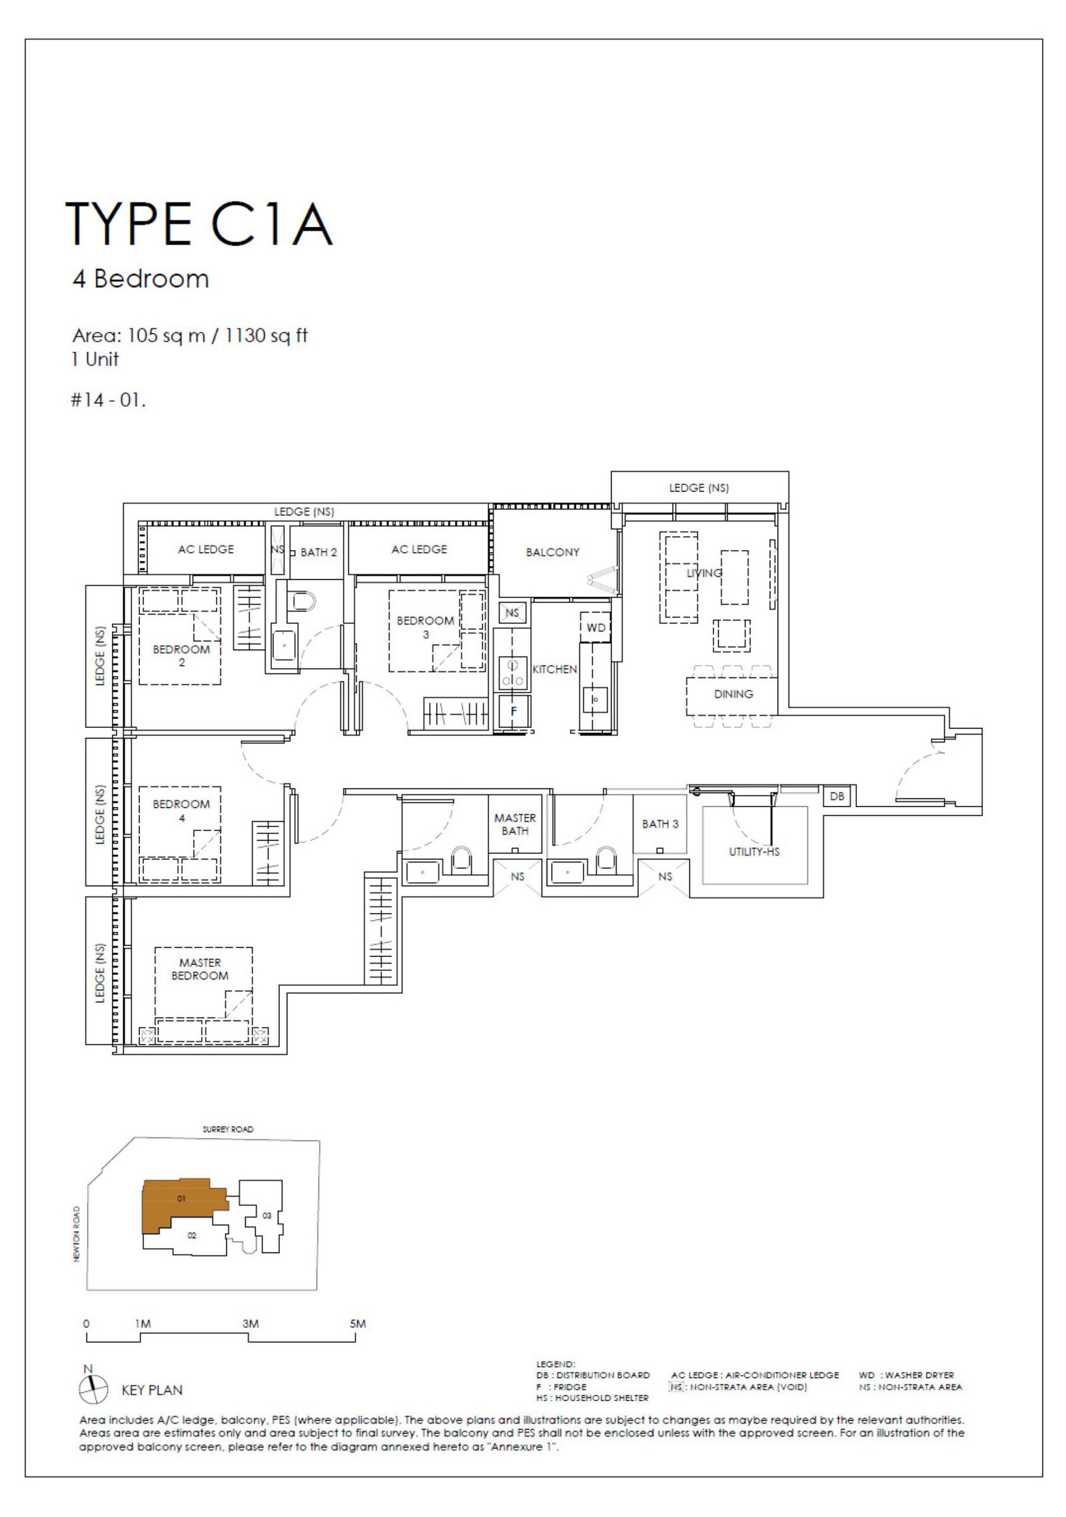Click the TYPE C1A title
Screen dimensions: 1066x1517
[x=199, y=224]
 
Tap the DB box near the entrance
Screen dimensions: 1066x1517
[x=837, y=796]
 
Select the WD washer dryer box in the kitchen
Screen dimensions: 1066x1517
[x=596, y=627]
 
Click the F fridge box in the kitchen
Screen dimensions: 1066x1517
[x=513, y=711]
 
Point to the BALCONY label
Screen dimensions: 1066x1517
[x=552, y=552]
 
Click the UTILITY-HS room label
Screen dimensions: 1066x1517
[x=754, y=852]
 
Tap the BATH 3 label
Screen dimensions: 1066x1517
[x=660, y=824]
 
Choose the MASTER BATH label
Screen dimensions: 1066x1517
[x=515, y=824]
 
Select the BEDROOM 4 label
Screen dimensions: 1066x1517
[x=181, y=810]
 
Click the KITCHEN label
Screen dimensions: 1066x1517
[x=554, y=669]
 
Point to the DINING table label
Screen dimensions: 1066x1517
[x=734, y=694]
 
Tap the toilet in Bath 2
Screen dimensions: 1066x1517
[x=303, y=601]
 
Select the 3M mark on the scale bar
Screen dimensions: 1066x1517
[x=251, y=1323]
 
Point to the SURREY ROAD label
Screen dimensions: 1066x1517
[x=228, y=1129]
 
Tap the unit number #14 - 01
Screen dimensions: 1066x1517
[x=108, y=400]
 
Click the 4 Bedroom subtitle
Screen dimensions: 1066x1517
[x=141, y=278]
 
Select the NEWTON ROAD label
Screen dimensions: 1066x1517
[x=77, y=1234]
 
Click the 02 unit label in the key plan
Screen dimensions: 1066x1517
[x=192, y=1235]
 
